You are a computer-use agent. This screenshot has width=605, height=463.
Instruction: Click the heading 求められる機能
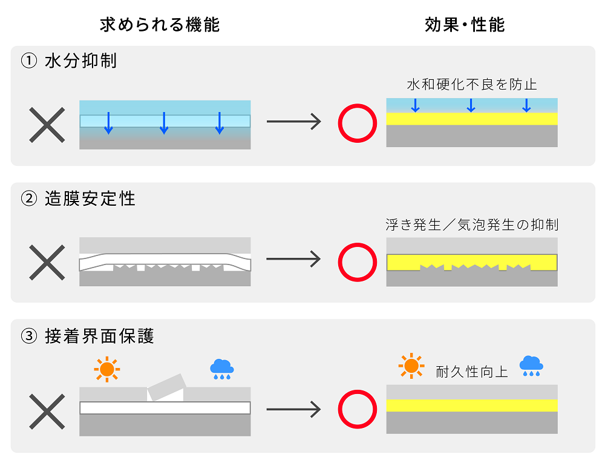coord(159,24)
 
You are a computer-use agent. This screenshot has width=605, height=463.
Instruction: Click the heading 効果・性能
coord(464,24)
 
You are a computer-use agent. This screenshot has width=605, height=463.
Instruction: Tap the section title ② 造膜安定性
coord(78,198)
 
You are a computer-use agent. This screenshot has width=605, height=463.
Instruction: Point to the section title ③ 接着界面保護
coord(87,335)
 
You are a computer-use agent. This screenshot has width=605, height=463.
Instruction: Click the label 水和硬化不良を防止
coord(472,84)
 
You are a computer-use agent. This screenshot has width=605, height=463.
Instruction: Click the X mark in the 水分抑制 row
coord(47,125)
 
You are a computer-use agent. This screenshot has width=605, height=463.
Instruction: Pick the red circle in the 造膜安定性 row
coord(358,262)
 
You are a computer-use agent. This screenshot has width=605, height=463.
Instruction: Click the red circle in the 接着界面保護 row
coord(358,410)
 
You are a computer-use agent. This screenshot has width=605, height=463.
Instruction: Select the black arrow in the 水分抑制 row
coord(293,122)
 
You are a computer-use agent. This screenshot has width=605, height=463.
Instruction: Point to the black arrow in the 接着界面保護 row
coord(293,410)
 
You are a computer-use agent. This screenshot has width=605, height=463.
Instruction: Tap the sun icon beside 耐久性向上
coord(411,366)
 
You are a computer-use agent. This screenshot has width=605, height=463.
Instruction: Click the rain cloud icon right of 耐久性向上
coord(531,366)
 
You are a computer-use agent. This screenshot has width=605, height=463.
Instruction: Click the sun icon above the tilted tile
coord(107,369)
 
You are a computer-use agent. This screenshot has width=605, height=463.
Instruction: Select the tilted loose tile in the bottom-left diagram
coord(165,386)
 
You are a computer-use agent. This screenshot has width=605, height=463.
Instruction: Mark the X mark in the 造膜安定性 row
coord(47,262)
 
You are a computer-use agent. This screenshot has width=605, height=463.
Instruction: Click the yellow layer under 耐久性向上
coord(472,405)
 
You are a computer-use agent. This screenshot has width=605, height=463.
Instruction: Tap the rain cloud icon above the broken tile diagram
coord(222,369)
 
